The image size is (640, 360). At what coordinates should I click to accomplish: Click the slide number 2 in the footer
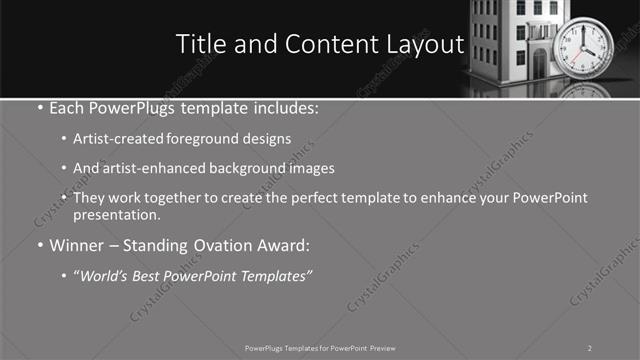(589, 347)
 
